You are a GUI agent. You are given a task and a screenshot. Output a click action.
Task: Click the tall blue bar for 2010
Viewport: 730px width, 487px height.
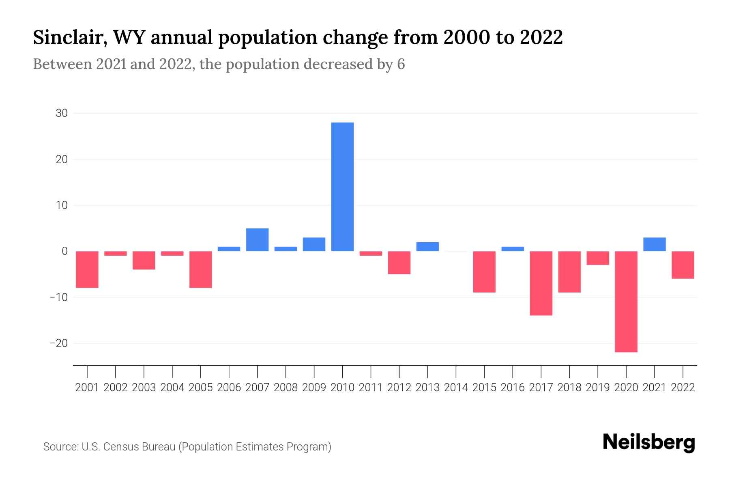point(342,187)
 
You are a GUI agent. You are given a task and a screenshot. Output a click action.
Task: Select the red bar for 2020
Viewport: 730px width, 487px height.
point(626,302)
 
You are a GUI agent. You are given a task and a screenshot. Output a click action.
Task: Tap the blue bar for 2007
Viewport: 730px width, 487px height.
point(257,240)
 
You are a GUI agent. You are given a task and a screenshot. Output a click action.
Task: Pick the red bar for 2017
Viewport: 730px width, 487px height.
point(541,283)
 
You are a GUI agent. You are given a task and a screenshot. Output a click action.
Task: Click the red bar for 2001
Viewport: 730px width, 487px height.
point(87,269)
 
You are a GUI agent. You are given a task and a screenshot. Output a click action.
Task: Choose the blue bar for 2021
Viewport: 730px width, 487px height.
point(655,244)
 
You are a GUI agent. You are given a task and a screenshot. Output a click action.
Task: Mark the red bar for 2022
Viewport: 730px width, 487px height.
point(683,265)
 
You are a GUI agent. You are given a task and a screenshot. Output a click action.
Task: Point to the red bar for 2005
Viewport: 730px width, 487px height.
point(201,269)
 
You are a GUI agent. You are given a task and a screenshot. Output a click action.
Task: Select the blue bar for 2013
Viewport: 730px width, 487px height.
point(427,247)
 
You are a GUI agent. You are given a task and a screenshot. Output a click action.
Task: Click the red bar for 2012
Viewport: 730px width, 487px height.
point(399,263)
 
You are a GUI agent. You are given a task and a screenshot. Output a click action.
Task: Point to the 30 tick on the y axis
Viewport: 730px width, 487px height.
point(62,113)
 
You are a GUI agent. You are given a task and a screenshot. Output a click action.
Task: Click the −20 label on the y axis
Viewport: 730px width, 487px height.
point(59,343)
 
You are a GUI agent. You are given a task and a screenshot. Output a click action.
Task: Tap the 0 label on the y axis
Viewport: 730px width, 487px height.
point(64,251)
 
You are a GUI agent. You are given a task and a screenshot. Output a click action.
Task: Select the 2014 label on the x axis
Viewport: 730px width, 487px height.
point(456,388)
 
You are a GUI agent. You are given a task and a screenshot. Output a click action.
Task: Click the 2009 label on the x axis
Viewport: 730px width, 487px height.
point(314,388)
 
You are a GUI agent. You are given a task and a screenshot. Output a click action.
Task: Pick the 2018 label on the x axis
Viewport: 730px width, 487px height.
point(569,388)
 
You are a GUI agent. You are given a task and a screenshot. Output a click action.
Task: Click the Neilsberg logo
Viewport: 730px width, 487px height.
point(649,443)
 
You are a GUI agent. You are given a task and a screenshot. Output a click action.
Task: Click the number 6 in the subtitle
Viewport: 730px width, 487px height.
point(401,65)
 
